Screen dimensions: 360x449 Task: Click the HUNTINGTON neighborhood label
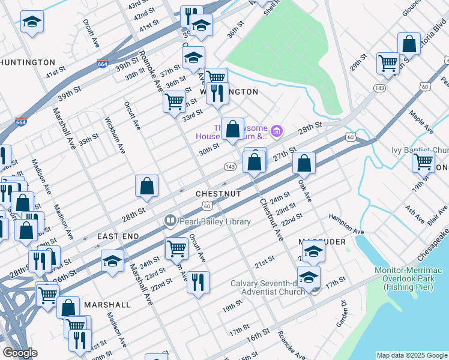coord(28,62)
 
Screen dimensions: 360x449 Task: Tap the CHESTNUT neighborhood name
coord(218,194)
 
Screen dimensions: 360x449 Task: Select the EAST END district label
coord(118,237)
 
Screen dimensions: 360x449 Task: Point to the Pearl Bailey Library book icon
coord(170,221)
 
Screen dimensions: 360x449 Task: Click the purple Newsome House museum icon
coord(276,130)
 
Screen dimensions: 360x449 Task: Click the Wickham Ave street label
coord(116,135)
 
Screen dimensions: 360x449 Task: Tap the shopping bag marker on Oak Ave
coord(304,163)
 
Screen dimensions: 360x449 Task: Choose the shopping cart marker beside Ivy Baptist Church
coord(423,161)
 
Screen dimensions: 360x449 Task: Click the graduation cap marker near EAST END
coord(112,262)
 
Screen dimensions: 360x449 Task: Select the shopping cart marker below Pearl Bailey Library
coord(176,248)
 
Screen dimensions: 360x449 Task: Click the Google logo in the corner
coord(20,353)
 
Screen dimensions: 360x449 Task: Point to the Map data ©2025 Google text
coord(411,355)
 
